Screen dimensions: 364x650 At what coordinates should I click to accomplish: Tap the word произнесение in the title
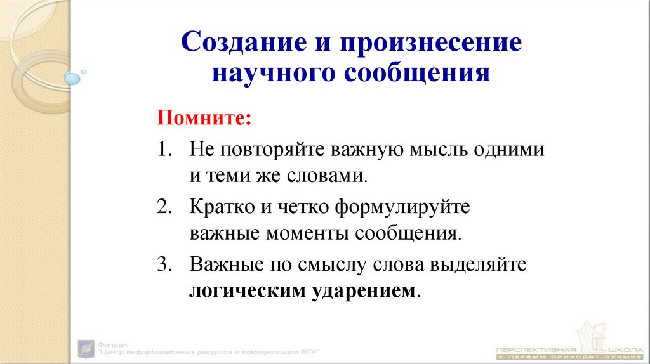[432, 44]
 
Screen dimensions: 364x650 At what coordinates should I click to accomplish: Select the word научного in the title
[273, 74]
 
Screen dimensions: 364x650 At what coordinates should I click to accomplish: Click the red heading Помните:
[204, 117]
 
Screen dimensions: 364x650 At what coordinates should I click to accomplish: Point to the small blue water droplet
[73, 78]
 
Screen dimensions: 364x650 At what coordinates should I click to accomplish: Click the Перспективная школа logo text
[564, 350]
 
